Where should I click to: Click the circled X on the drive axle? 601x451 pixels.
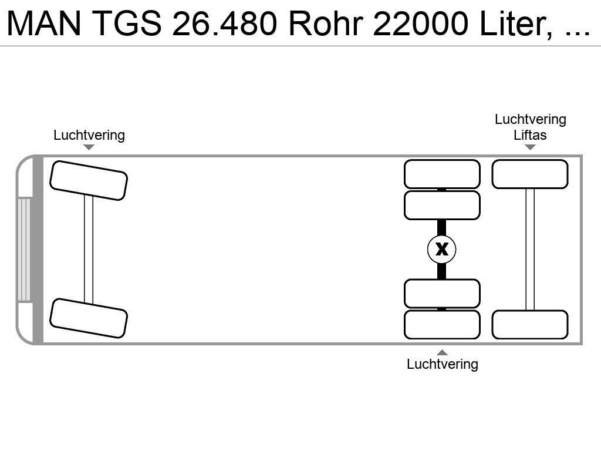click(x=442, y=249)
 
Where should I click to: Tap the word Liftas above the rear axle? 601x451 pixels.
click(x=530, y=135)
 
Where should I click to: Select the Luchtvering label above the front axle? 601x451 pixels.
click(x=89, y=135)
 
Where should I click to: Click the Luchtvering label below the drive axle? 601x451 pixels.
click(x=443, y=364)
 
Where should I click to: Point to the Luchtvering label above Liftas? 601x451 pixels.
click(x=530, y=120)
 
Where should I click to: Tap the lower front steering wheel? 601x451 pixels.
click(x=89, y=318)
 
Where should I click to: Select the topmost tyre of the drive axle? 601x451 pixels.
click(x=442, y=174)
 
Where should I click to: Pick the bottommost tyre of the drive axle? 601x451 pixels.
click(x=442, y=325)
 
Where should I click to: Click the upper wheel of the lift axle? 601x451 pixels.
click(x=530, y=174)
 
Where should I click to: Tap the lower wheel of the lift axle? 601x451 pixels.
click(x=530, y=325)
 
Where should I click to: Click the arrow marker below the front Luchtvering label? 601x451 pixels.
click(x=89, y=147)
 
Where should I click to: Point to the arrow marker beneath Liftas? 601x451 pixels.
click(x=530, y=147)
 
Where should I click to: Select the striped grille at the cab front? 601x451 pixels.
click(x=24, y=250)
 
